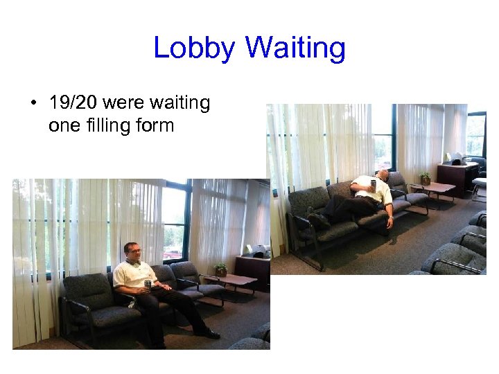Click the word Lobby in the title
pos(195,48)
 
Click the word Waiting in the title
pos(295,48)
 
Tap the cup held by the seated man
pos(148,285)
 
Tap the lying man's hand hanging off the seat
pos(390,223)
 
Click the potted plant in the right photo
pos(425,178)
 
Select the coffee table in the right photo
pos(433,189)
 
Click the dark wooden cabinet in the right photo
pos(457,179)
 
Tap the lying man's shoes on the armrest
pos(317,218)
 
